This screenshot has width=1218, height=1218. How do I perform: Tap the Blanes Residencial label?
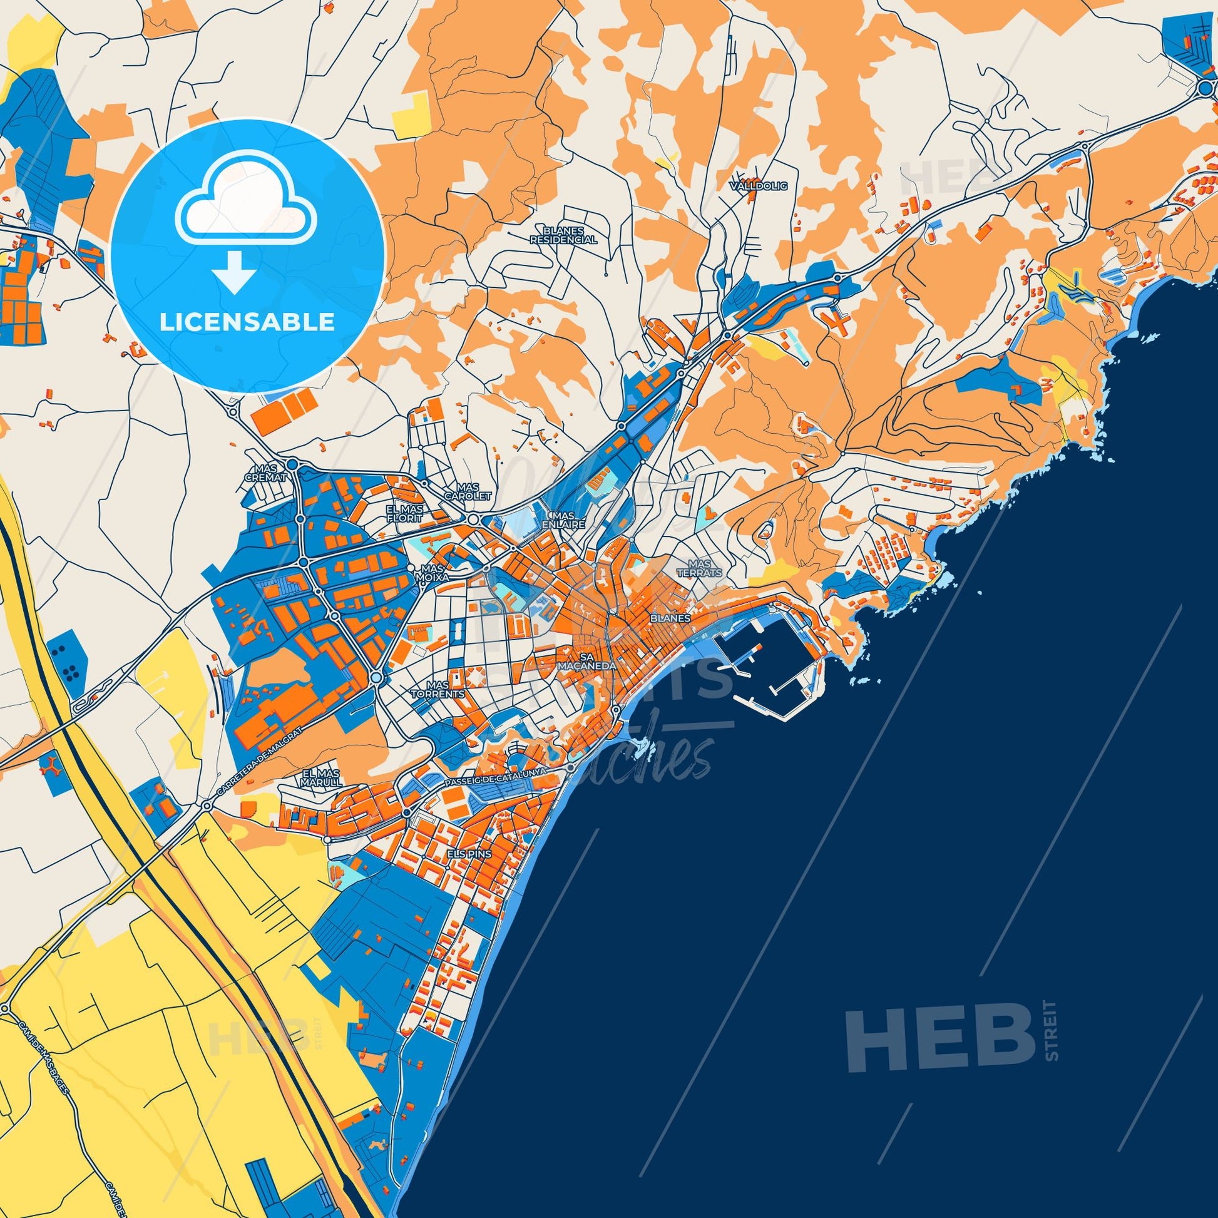coord(563,235)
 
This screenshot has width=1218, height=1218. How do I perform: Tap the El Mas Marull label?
coord(322,777)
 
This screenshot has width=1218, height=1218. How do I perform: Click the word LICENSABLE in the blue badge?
coord(247,322)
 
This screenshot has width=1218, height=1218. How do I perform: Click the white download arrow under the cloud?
coord(234,271)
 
